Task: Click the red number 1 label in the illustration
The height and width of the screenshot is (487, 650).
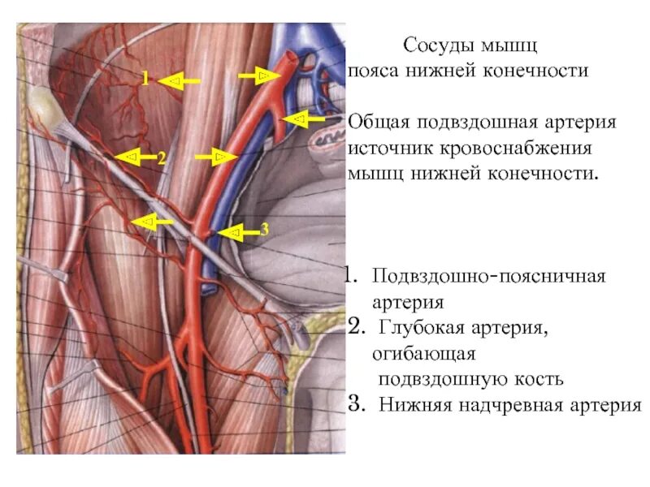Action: point(145,79)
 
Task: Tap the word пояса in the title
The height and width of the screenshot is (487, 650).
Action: point(376,71)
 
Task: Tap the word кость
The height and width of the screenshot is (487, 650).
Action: point(539,379)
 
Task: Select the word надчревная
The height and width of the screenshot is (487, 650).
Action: point(489,404)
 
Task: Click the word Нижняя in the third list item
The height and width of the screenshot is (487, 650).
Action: point(408,404)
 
